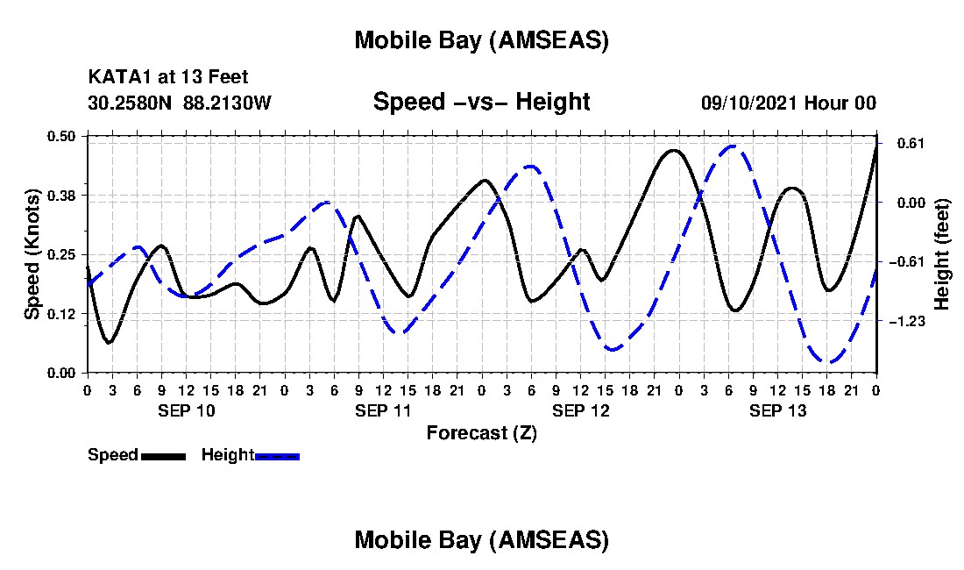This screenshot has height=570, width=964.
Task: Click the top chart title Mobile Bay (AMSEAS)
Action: [x=481, y=40]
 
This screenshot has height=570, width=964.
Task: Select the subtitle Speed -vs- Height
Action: [x=481, y=102]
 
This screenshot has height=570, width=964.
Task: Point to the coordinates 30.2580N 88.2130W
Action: [x=180, y=103]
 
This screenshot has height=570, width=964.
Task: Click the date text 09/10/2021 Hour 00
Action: [x=788, y=103]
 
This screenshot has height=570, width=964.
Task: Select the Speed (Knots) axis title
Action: [x=32, y=253]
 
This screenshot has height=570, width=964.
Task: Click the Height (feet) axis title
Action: [x=942, y=253]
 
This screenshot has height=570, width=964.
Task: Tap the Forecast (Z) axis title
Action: [x=481, y=432]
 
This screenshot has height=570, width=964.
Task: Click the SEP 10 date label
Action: [x=186, y=410]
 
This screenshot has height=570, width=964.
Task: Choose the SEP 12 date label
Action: [x=580, y=410]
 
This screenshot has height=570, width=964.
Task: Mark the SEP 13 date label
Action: [x=777, y=410]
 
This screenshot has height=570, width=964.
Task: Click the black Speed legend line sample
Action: [x=163, y=456]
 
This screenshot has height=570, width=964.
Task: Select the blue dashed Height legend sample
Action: [x=277, y=456]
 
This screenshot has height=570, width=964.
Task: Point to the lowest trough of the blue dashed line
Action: [x=826, y=361]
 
